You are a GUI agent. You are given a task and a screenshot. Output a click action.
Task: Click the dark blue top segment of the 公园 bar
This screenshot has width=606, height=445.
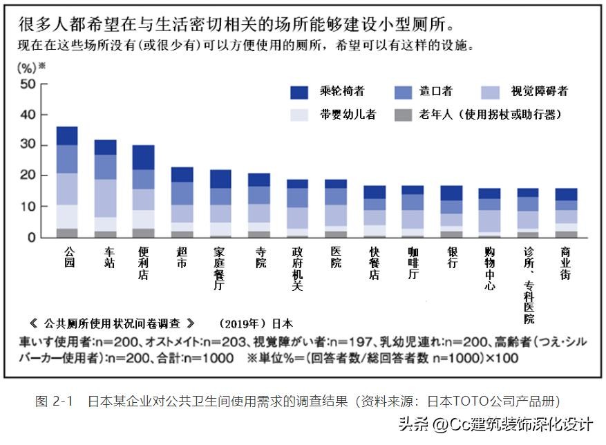pyautogui.click(x=67, y=136)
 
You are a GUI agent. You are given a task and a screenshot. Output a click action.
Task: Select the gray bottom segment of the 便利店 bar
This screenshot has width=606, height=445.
pyautogui.click(x=144, y=233)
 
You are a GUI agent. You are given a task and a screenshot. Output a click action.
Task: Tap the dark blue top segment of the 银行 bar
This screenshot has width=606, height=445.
pyautogui.click(x=451, y=193)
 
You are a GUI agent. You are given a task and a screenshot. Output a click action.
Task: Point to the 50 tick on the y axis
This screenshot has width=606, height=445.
pyautogui.click(x=28, y=84)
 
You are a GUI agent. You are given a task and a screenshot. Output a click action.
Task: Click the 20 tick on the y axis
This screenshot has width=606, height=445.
pyautogui.click(x=28, y=176)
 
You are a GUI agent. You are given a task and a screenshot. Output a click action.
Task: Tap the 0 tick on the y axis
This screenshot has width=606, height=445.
pyautogui.click(x=31, y=238)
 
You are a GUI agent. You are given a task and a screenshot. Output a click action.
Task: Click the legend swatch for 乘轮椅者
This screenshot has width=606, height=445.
pyautogui.click(x=299, y=92)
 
